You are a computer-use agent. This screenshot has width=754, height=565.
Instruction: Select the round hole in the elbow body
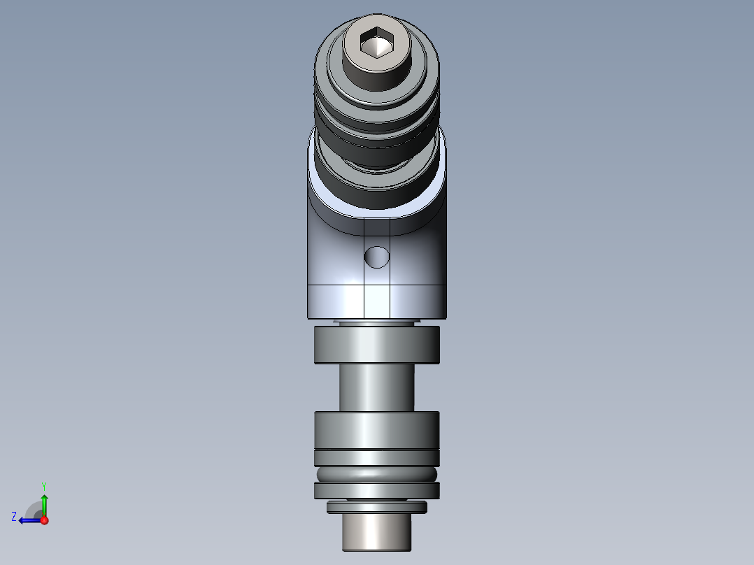tap(377, 257)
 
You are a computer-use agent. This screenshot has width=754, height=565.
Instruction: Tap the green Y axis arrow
tap(44, 502)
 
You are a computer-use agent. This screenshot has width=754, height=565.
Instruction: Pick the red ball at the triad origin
tap(44, 520)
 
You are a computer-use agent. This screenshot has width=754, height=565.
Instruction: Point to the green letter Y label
tap(43, 485)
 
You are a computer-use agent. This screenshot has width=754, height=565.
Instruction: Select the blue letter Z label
tap(14, 517)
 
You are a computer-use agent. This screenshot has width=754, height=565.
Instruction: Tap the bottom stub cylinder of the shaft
tap(377, 533)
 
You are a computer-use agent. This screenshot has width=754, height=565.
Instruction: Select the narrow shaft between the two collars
tap(377, 387)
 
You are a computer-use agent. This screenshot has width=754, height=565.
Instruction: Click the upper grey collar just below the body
tap(377, 345)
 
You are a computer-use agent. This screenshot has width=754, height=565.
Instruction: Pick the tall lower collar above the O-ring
tap(377, 429)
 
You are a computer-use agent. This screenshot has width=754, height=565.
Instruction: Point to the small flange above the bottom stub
tap(377, 507)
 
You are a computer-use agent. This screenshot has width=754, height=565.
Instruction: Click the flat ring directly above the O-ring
tap(377, 457)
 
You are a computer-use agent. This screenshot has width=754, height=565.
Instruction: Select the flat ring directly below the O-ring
tap(377, 491)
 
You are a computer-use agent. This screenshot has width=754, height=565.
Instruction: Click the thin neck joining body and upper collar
tap(377, 323)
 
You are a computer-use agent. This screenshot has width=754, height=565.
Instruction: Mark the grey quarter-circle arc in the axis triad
tap(31, 508)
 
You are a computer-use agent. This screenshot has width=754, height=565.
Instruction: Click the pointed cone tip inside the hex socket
tap(376, 48)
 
